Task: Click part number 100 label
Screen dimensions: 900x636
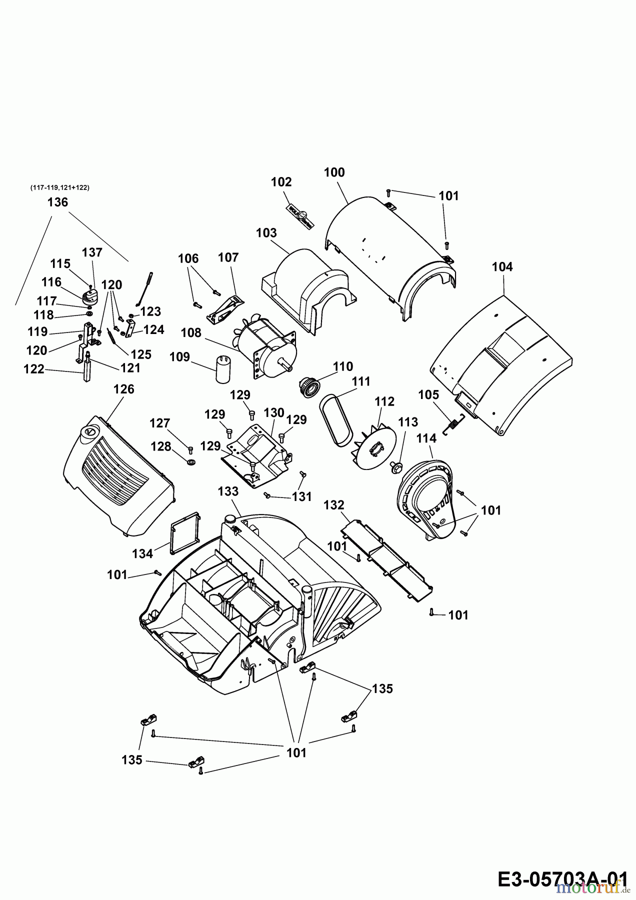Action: pos(334,172)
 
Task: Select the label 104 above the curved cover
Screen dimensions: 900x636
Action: pos(502,267)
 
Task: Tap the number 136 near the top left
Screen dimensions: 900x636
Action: pos(57,202)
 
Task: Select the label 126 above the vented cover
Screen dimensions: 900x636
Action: pos(124,389)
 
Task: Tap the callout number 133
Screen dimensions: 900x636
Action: pos(228,491)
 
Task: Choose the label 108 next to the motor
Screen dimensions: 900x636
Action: pos(191,332)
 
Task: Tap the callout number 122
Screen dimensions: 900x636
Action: pos(34,369)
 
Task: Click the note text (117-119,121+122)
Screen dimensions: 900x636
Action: pos(60,187)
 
